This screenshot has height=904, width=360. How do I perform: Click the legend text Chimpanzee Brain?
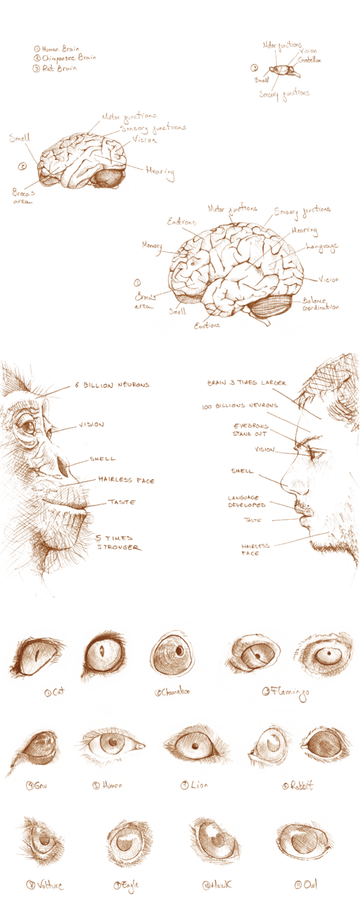(x=58, y=58)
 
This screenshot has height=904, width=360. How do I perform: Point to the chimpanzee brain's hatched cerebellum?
(x=109, y=178)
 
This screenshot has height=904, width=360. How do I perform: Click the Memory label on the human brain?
(x=152, y=244)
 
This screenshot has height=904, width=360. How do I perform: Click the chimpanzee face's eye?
(x=27, y=427)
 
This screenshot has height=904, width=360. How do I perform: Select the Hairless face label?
(x=126, y=480)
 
